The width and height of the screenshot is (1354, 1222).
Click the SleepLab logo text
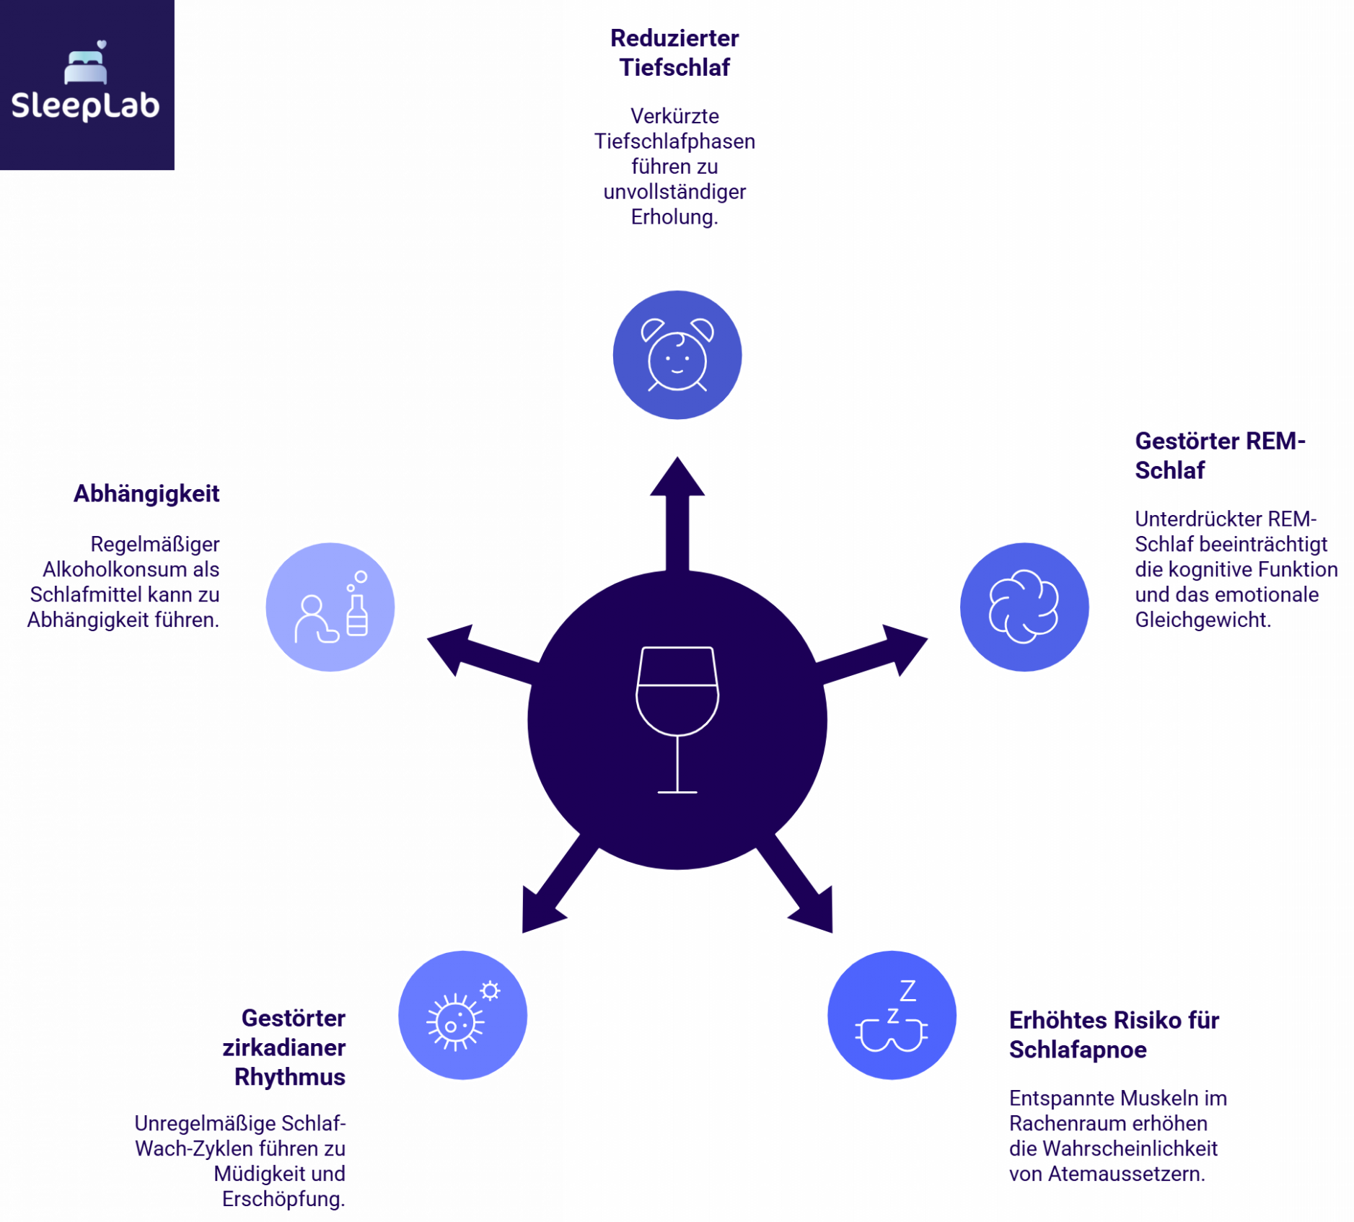point(85,106)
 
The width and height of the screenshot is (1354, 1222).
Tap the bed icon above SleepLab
point(86,66)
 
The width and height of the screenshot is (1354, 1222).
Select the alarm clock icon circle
point(677,355)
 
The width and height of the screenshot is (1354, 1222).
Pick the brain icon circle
point(1024,607)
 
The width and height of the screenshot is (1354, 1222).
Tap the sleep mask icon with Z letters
point(892,1015)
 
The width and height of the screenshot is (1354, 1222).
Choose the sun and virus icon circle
point(463,1015)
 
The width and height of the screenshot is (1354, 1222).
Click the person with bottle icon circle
point(330,607)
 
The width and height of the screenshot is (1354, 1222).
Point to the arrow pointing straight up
point(677,505)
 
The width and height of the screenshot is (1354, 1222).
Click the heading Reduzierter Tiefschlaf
point(674,53)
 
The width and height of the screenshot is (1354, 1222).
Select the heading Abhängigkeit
point(146,494)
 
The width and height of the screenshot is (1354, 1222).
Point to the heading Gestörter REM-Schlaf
point(1219,455)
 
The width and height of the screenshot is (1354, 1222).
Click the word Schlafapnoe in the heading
point(1078,1050)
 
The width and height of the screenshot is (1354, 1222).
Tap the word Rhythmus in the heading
point(290,1077)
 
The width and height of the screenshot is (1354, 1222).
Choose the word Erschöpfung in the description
point(283,1199)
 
